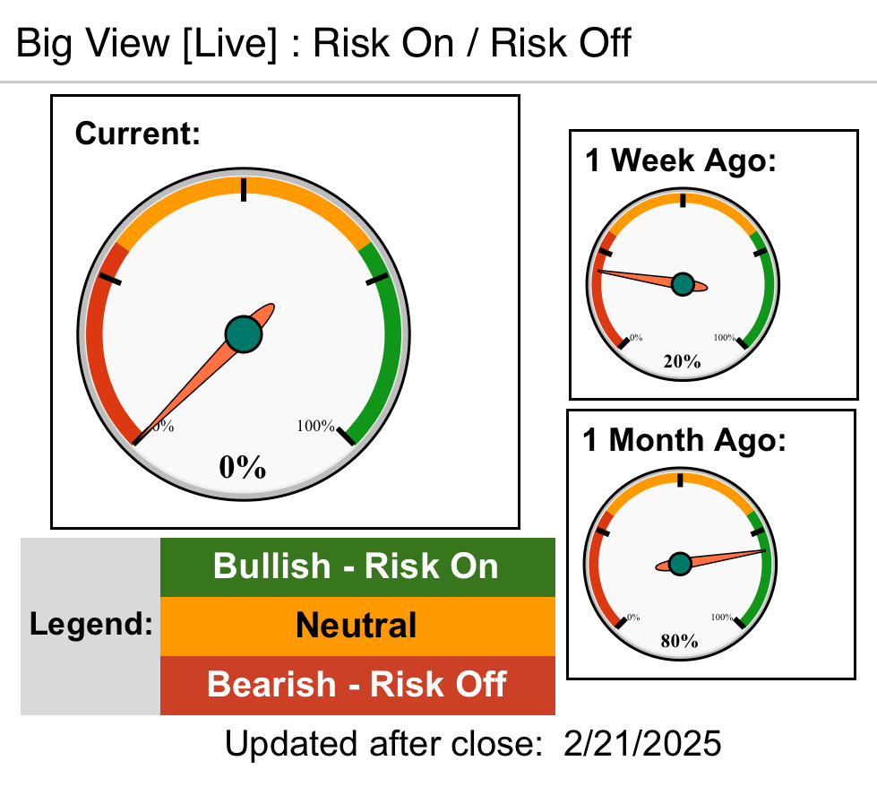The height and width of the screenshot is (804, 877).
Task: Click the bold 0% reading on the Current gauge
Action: [x=242, y=467]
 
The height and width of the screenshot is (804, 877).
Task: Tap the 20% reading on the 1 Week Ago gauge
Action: [x=682, y=361]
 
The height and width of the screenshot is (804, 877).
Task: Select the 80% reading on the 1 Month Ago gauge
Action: [x=679, y=641]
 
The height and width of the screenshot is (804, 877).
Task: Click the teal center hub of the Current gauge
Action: [x=244, y=334]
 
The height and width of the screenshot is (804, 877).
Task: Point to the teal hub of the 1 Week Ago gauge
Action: [x=683, y=284]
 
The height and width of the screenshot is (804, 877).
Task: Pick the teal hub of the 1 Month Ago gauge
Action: [x=680, y=564]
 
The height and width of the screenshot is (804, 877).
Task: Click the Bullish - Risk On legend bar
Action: [x=357, y=566]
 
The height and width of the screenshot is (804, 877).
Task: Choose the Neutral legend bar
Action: [x=357, y=626]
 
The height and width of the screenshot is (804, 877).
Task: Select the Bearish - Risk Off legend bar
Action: [x=357, y=686]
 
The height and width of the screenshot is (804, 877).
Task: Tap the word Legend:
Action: [x=91, y=624]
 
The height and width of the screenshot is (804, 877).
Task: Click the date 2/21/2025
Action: [x=642, y=744]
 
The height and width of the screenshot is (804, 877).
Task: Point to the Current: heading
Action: [x=138, y=134]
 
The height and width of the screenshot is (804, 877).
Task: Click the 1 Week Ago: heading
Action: [x=681, y=160]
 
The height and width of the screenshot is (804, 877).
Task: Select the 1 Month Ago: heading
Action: [x=684, y=440]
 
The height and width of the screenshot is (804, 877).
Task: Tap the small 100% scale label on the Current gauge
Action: [x=315, y=426]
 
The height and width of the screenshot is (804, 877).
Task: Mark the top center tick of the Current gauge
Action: [x=244, y=190]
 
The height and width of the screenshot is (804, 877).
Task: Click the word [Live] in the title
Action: [x=229, y=43]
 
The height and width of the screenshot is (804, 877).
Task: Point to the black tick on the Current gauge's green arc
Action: [x=377, y=279]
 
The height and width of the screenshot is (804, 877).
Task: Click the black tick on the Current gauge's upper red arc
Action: [x=109, y=279]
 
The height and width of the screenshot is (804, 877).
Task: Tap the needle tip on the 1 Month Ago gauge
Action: [x=766, y=551]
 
